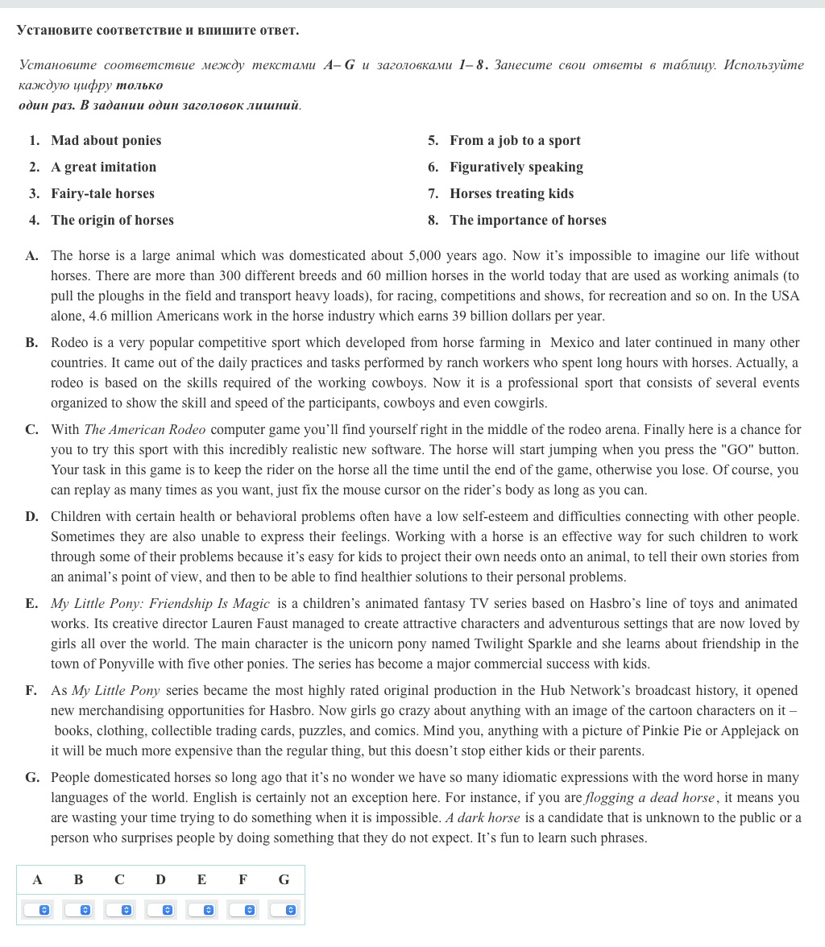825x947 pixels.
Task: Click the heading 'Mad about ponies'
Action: pyautogui.click(x=106, y=141)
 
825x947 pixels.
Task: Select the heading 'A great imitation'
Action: pyautogui.click(x=103, y=167)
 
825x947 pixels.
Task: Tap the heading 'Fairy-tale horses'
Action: pyautogui.click(x=102, y=194)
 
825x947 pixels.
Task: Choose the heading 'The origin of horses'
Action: pyautogui.click(x=112, y=221)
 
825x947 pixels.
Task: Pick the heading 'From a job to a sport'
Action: pyautogui.click(x=515, y=141)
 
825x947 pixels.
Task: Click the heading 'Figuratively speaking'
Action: pyautogui.click(x=516, y=167)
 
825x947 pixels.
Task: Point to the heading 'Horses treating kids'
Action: pyautogui.click(x=512, y=194)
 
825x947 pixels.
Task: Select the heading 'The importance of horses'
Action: pyautogui.click(x=528, y=221)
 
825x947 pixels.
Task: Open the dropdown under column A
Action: pyautogui.click(x=37, y=910)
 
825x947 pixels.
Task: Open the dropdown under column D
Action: pyautogui.click(x=160, y=910)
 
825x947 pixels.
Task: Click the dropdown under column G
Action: pyautogui.click(x=284, y=910)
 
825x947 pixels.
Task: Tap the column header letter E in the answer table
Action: pyautogui.click(x=201, y=880)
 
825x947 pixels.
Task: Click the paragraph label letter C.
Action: pyautogui.click(x=31, y=430)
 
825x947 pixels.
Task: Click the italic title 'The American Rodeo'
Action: pyautogui.click(x=144, y=430)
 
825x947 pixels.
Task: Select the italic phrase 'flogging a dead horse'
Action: pyautogui.click(x=649, y=798)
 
